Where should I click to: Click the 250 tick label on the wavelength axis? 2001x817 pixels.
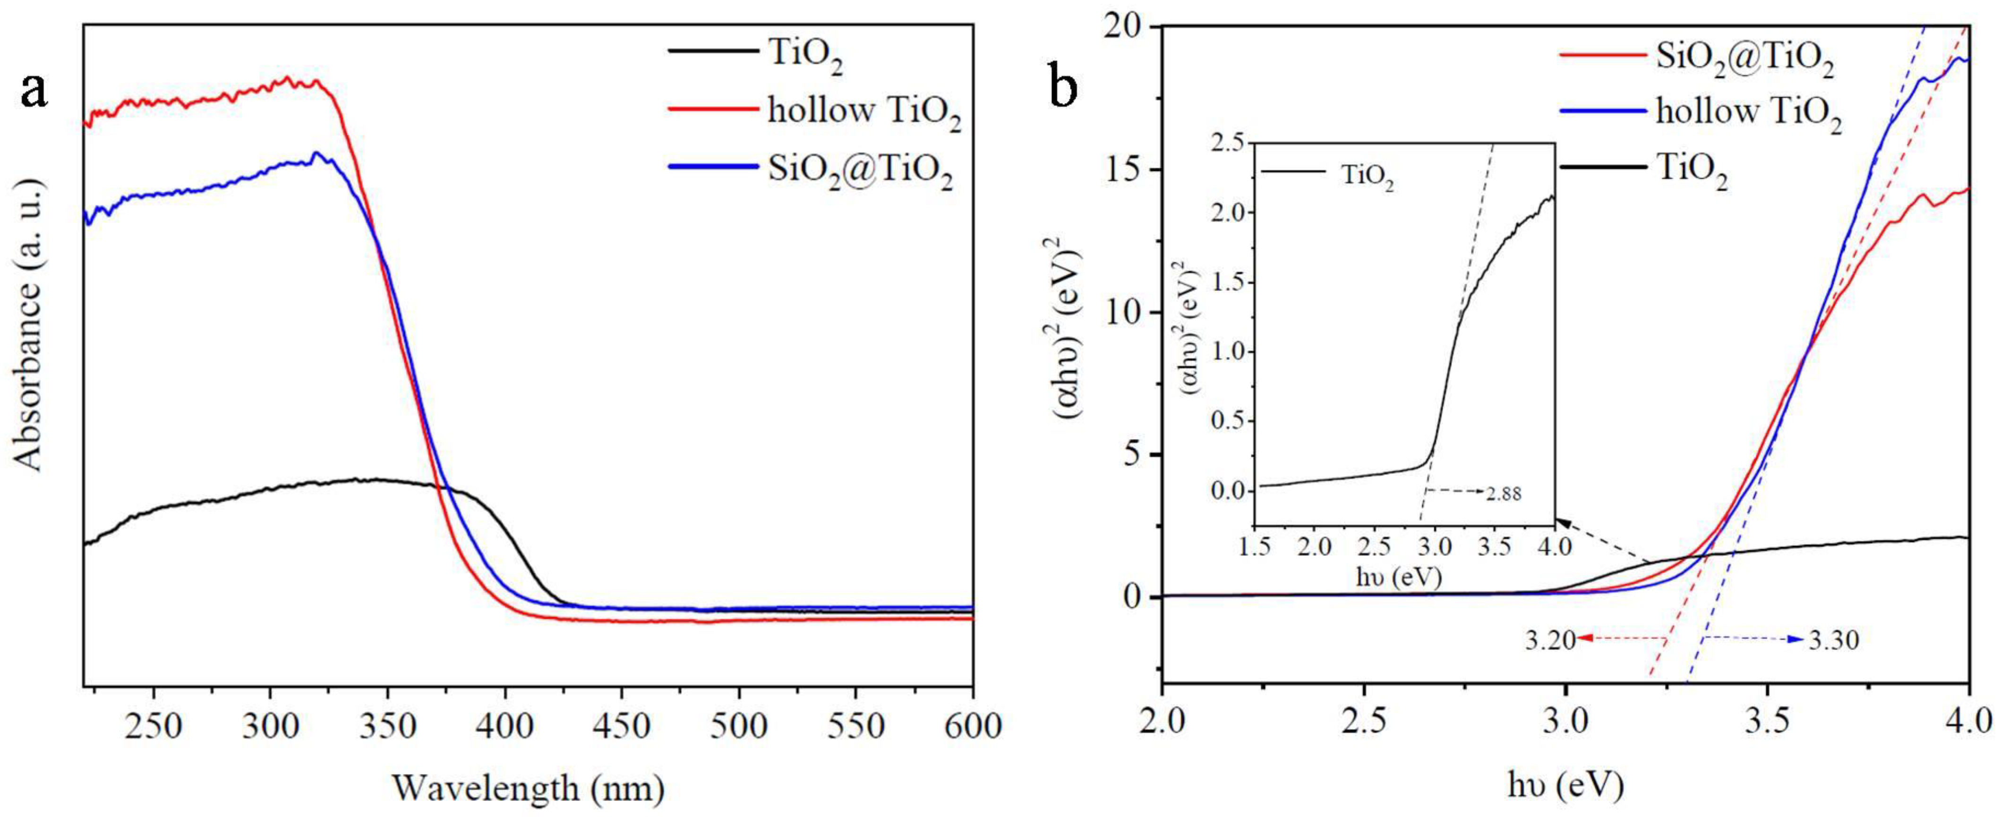point(154,727)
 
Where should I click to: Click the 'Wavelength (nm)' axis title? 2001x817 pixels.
point(528,788)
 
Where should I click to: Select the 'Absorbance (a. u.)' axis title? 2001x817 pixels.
point(29,324)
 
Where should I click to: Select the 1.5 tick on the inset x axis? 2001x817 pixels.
point(1256,547)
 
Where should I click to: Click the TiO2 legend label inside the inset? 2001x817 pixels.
point(1367,177)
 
